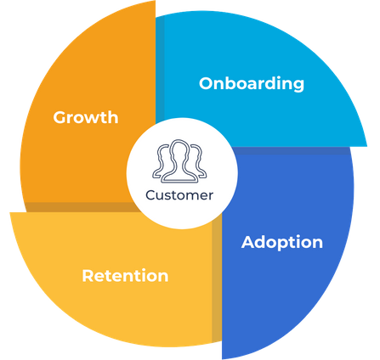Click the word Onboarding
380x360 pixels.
coord(252,84)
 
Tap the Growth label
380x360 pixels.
coord(86,117)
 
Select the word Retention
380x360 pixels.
coord(125,276)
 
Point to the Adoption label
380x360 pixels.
coord(282,243)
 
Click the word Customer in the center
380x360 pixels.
coord(179,195)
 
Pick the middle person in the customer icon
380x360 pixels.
coord(179,161)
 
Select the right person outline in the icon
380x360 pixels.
coord(199,160)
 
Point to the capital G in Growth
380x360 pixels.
coord(60,117)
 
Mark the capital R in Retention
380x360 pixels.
coord(88,276)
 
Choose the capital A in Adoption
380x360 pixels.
coord(249,242)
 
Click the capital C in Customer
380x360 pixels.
coord(151,195)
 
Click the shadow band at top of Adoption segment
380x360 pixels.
coord(292,151)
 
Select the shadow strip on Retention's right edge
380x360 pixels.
coord(217,278)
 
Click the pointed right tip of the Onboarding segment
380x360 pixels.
coord(367,146)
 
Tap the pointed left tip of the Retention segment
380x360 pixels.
coord(10,213)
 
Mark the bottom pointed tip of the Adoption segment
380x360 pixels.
coord(223,359)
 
